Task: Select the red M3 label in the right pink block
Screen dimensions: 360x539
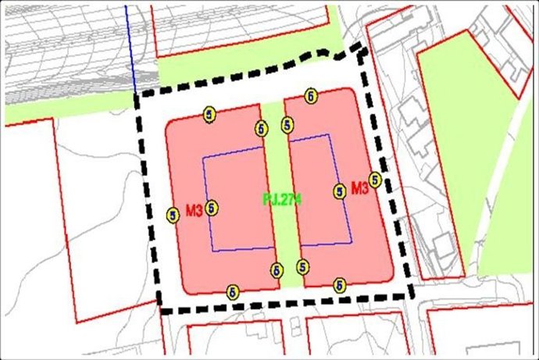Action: [359, 188]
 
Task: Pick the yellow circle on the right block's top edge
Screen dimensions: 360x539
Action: [312, 96]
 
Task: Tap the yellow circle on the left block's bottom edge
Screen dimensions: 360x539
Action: [232, 291]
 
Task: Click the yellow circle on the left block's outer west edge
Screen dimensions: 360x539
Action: [173, 213]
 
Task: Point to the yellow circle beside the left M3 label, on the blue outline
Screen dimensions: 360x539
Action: [212, 208]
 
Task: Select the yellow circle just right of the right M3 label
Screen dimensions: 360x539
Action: [376, 180]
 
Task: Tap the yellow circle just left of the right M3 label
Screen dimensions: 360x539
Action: [340, 191]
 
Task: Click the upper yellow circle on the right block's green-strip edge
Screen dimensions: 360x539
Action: [287, 124]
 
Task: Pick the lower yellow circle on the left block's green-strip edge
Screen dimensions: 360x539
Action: [277, 270]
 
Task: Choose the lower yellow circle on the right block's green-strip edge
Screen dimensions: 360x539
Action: [302, 266]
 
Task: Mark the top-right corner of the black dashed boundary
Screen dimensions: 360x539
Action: [364, 48]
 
